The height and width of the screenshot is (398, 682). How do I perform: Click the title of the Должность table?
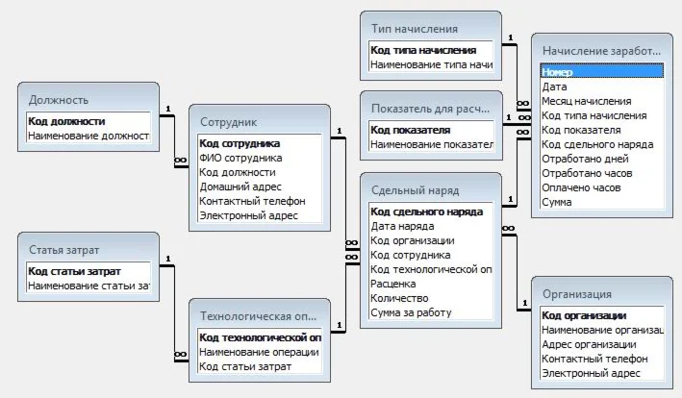point(59,98)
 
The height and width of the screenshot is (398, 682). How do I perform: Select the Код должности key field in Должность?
point(66,121)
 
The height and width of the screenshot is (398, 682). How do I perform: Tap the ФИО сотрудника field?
point(240,158)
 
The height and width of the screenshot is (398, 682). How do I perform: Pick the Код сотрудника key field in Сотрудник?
point(240,143)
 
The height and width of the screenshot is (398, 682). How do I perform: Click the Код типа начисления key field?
point(423,51)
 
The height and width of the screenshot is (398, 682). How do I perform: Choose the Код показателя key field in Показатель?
point(411,129)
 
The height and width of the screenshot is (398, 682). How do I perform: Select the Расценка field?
point(393,284)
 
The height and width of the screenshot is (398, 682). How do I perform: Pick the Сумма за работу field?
point(411,312)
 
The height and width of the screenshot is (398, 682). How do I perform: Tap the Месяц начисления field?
point(587,100)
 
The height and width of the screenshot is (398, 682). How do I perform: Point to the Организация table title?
point(577,294)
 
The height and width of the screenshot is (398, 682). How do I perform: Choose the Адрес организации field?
point(589,344)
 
